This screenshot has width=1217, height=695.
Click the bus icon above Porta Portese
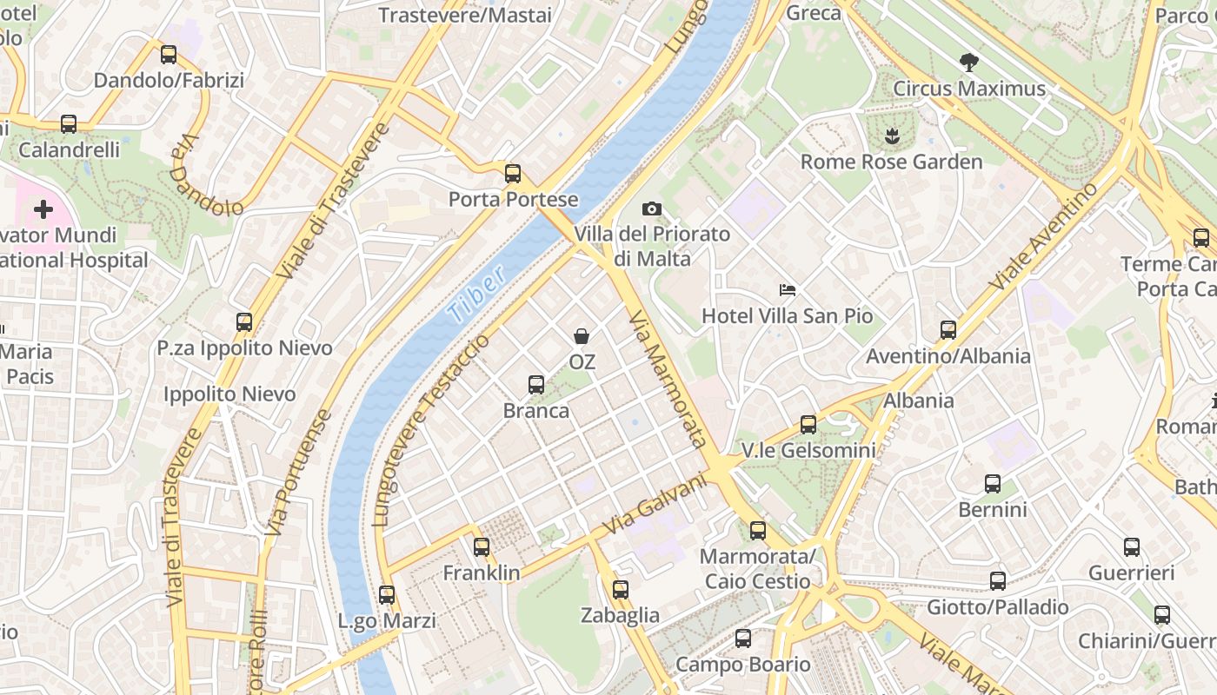[513, 173]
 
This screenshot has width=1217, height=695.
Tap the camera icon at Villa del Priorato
[651, 208]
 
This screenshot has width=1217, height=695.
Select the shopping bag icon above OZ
[582, 335]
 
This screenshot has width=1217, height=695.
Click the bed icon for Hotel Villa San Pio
[788, 289]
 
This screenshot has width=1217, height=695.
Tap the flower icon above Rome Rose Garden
[891, 136]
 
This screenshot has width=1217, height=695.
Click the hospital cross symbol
[43, 209]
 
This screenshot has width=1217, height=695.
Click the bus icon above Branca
[536, 384]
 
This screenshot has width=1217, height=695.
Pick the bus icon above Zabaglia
[621, 590]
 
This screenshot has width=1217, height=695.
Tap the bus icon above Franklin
[482, 547]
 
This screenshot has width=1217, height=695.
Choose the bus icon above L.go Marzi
[387, 595]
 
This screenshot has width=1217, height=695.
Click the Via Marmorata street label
[667, 380]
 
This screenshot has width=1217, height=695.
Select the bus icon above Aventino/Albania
[948, 329]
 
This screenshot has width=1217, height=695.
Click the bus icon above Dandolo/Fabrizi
[169, 55]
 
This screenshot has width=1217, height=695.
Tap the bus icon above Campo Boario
[743, 639]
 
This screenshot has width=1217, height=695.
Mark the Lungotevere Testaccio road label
[431, 430]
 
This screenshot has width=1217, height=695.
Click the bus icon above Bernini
[993, 484]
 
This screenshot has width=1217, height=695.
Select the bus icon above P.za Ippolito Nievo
[244, 322]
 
